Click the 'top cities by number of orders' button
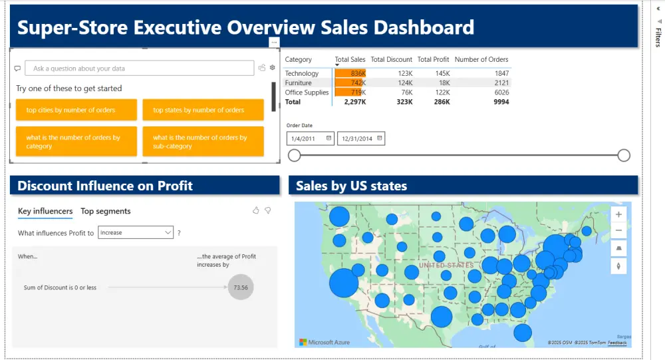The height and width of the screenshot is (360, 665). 76,110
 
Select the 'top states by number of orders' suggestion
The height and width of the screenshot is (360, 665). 203,110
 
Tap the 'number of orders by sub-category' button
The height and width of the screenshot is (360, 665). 203,142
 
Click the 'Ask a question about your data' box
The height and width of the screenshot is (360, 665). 140,69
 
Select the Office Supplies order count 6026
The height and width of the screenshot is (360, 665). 501,92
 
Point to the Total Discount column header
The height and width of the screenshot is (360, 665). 391,59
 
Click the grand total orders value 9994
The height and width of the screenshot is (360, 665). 501,102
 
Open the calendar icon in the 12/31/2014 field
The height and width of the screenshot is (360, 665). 380,138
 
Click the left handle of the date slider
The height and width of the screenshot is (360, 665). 295,156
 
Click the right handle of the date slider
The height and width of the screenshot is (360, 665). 624,156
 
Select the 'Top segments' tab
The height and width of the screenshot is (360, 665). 106,211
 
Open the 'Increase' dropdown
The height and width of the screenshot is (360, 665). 136,233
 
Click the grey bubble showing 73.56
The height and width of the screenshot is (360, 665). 241,287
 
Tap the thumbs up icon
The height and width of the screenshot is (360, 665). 256,210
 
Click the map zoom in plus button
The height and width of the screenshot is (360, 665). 618,215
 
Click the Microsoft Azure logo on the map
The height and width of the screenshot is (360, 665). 321,342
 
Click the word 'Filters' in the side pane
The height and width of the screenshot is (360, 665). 658,37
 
